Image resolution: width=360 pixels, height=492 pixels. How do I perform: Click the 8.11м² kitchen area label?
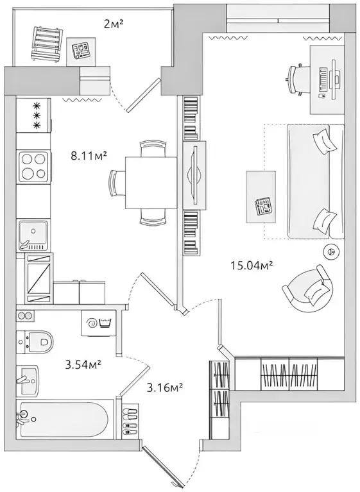[x=88, y=155]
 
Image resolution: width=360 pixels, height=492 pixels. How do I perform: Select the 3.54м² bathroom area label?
[x=84, y=366]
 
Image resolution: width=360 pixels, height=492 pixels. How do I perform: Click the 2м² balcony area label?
[x=114, y=25]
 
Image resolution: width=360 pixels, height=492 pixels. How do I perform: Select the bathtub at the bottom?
[x=65, y=418]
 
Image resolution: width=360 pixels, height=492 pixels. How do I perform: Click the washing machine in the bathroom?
[x=98, y=321]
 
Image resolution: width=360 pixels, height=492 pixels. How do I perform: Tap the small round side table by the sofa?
[x=332, y=252]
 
